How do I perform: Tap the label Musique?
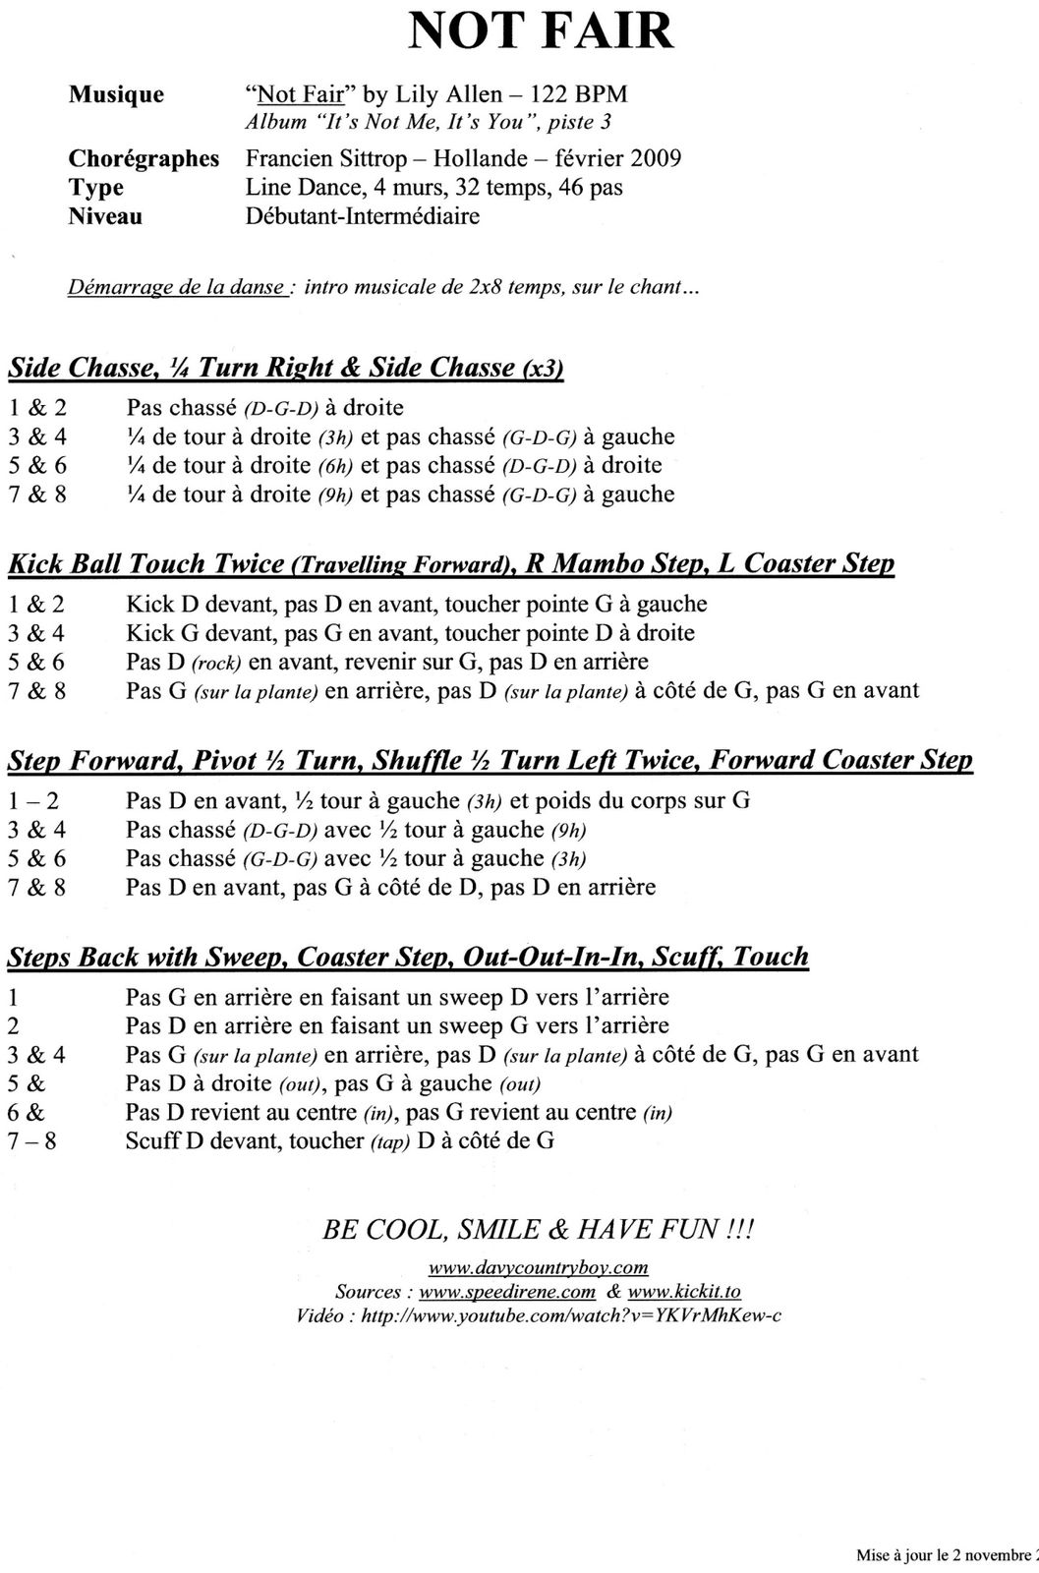[116, 95]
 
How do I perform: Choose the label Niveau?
[105, 216]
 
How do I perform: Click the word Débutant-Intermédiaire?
[362, 216]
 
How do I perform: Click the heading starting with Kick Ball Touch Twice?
[450, 563]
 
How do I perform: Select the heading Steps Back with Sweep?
[407, 957]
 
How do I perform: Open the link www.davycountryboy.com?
[538, 1267]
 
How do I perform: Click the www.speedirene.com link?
[507, 1292]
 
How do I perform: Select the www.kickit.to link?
[684, 1292]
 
